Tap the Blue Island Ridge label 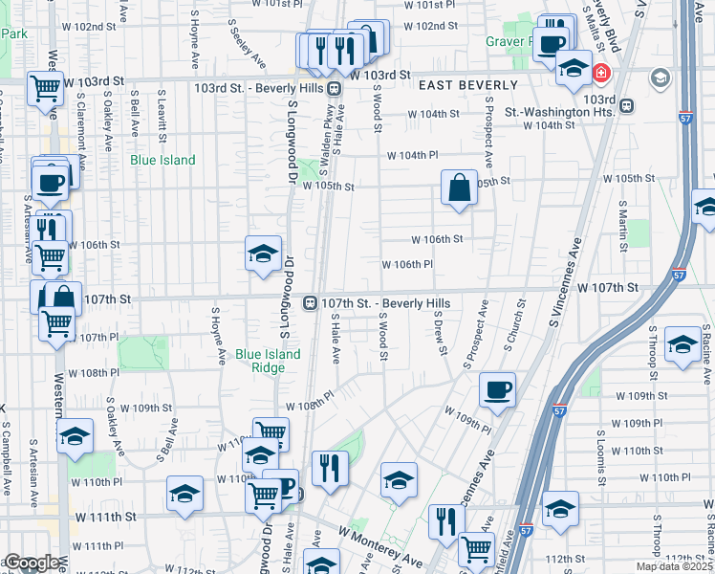(268, 360)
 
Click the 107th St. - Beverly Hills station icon (310, 303)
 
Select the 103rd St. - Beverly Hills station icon (335, 88)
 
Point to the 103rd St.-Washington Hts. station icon (625, 105)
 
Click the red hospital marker (600, 73)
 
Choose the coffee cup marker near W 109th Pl (497, 390)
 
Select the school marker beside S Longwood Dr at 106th (263, 254)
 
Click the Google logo (32, 563)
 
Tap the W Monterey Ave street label (379, 545)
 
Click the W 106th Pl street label (407, 264)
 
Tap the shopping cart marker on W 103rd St (46, 89)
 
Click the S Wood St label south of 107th (381, 336)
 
